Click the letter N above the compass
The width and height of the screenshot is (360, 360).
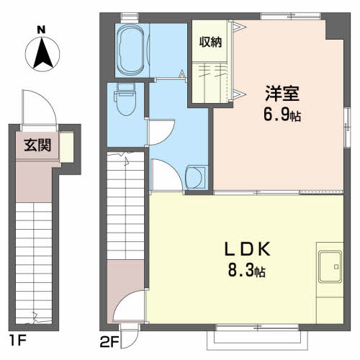[x=41, y=30]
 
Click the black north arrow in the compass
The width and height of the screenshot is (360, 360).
[x=42, y=53]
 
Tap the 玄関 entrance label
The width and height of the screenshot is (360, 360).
[x=37, y=145]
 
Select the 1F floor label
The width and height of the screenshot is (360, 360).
[x=17, y=341]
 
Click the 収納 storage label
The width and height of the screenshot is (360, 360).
[x=210, y=42]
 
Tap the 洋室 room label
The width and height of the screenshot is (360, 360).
[x=282, y=94]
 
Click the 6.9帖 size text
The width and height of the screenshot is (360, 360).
[x=282, y=114]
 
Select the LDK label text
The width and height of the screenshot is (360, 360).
[x=247, y=249]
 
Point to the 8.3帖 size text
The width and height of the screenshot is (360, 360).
[x=246, y=271]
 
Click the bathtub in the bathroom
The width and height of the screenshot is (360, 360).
[x=130, y=49]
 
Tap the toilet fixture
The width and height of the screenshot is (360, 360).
[x=125, y=99]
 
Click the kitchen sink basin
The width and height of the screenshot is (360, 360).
[x=330, y=266]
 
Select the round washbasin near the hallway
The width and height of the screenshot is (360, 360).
[x=196, y=178]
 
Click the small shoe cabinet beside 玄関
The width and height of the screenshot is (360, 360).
[x=66, y=147]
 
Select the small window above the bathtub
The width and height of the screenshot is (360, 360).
[x=130, y=17]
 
